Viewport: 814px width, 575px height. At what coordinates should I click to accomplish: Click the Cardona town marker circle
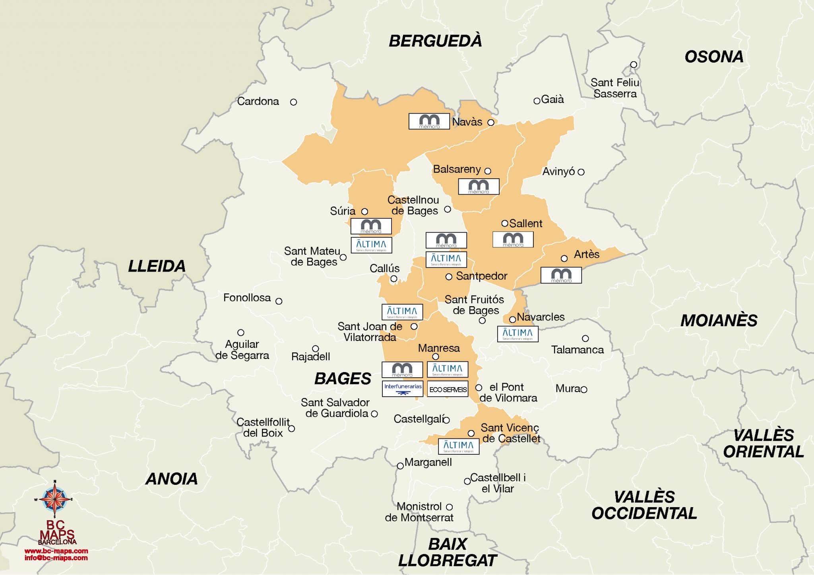[293, 102]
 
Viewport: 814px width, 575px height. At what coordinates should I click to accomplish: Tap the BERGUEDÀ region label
[435, 41]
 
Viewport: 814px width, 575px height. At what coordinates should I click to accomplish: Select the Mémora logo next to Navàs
[429, 121]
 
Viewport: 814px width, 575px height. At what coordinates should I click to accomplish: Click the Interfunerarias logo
[402, 389]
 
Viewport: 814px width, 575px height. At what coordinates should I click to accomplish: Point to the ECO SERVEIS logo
[448, 389]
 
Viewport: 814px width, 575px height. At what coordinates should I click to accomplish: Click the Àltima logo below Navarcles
[517, 334]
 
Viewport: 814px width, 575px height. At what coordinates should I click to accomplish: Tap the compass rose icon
[55, 499]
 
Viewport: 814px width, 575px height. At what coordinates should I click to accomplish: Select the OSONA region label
[714, 57]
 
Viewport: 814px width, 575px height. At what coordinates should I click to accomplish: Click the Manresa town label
[439, 348]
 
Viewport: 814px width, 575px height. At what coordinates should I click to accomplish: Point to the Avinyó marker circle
[581, 172]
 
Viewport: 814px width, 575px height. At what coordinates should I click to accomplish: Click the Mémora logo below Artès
[561, 275]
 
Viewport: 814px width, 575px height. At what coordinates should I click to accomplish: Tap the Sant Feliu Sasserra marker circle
[634, 64]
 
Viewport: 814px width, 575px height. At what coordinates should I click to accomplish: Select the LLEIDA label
[157, 266]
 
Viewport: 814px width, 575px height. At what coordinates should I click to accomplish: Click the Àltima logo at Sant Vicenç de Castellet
[458, 446]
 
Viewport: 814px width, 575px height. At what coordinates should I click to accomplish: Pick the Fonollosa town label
[247, 297]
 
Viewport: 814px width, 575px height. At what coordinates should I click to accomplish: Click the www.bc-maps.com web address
[56, 551]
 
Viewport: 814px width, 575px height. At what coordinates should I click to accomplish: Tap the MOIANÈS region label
[719, 320]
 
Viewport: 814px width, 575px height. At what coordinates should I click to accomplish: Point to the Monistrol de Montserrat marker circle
[449, 507]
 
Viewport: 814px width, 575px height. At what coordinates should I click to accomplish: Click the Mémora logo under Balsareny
[479, 186]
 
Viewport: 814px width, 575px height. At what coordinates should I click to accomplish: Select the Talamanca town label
[577, 350]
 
